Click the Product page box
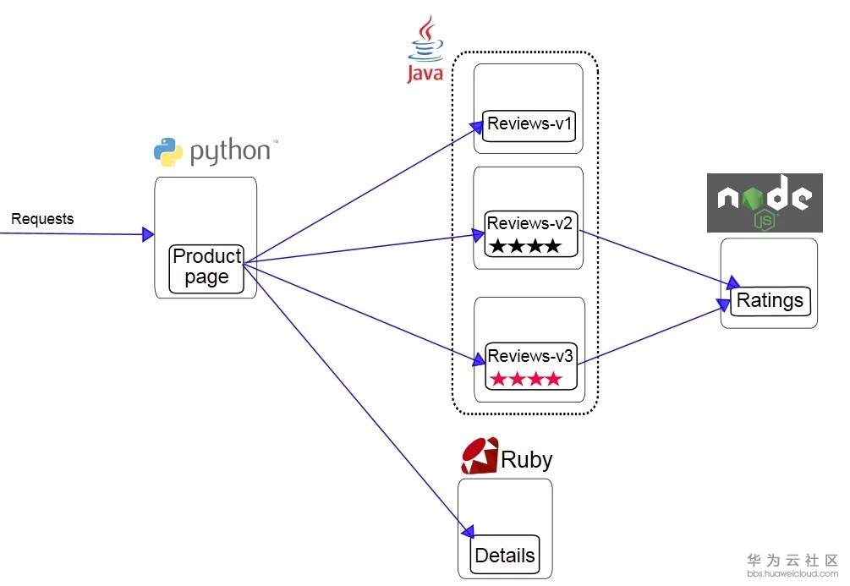(206, 267)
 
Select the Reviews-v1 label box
(530, 124)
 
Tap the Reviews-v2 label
(530, 223)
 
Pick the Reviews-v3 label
(530, 356)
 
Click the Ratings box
(770, 300)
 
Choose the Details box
(505, 556)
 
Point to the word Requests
(42, 219)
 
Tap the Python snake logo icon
(168, 152)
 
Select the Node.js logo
(765, 203)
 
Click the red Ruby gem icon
(480, 457)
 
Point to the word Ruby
(527, 460)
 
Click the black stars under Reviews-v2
(524, 246)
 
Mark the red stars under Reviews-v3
(525, 378)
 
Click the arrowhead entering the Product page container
(149, 234)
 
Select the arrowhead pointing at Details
(468, 531)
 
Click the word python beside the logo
(229, 152)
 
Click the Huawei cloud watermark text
(792, 566)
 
